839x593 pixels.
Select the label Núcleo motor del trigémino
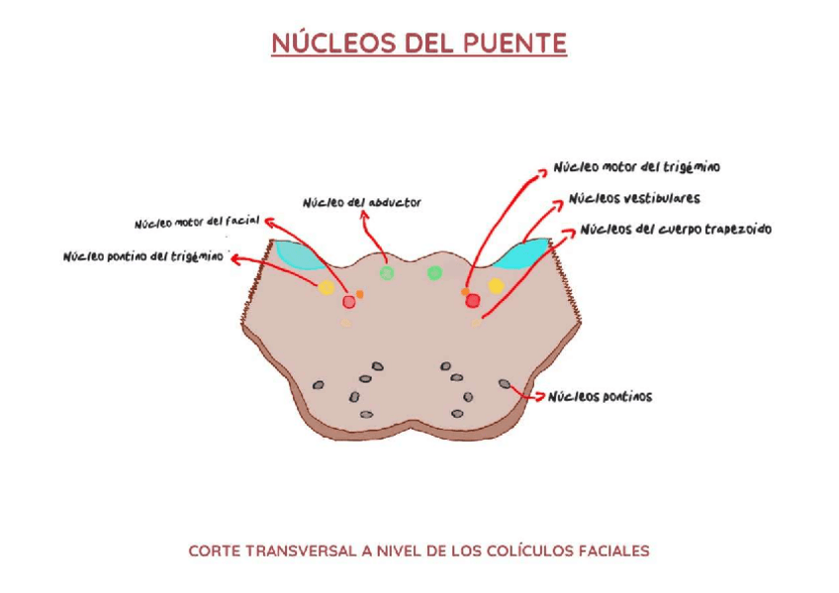click(636, 167)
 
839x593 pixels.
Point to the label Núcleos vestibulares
click(633, 199)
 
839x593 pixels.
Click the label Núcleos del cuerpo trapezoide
click(675, 230)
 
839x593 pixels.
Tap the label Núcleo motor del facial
click(196, 222)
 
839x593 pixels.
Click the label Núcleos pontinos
click(601, 397)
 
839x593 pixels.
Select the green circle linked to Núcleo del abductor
click(387, 273)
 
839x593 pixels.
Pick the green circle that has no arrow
click(433, 273)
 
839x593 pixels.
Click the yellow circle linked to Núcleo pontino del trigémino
click(326, 288)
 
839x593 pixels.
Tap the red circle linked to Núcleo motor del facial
click(348, 301)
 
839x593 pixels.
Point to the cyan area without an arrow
click(294, 254)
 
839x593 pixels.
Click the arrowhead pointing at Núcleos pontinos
click(542, 397)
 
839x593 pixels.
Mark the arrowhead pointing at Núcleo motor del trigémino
click(542, 170)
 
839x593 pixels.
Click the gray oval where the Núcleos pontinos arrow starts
click(505, 383)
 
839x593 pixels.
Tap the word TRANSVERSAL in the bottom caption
click(294, 550)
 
